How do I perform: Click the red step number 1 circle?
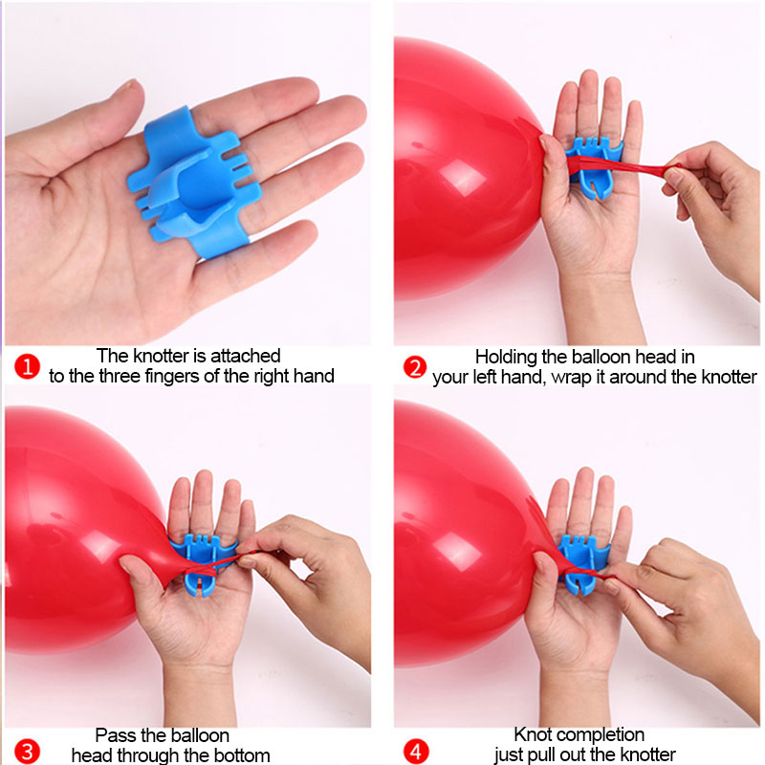point(27,366)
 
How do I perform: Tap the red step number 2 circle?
point(415,367)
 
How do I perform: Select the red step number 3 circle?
point(27,752)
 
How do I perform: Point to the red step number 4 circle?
point(416,752)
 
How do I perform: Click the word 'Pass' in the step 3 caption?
point(113,734)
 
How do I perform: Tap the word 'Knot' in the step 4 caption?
point(533,734)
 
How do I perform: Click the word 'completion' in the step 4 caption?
point(601,735)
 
